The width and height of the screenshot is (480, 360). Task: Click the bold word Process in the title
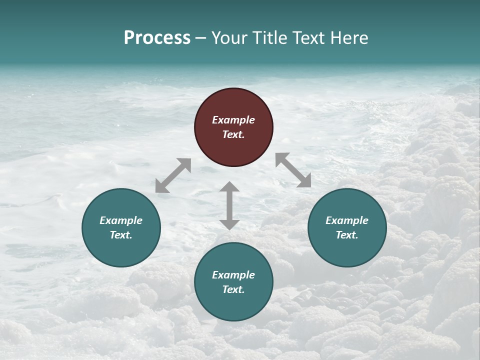157,38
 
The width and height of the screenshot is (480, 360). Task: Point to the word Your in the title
229,38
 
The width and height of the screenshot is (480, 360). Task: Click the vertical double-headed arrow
229,205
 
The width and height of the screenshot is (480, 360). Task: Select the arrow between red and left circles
173,175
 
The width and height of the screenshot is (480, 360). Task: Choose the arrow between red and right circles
293,170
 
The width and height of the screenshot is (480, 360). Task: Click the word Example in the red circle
233,120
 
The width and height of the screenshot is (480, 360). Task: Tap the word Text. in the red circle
233,134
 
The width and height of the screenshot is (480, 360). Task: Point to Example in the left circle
121,220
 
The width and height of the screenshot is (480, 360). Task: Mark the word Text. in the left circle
121,235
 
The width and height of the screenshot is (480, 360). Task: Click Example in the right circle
347,220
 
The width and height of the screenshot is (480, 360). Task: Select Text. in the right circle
347,235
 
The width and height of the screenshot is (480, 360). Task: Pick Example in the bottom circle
233,275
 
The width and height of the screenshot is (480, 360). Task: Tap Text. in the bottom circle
233,289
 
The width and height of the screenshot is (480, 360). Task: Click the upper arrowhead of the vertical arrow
229,187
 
